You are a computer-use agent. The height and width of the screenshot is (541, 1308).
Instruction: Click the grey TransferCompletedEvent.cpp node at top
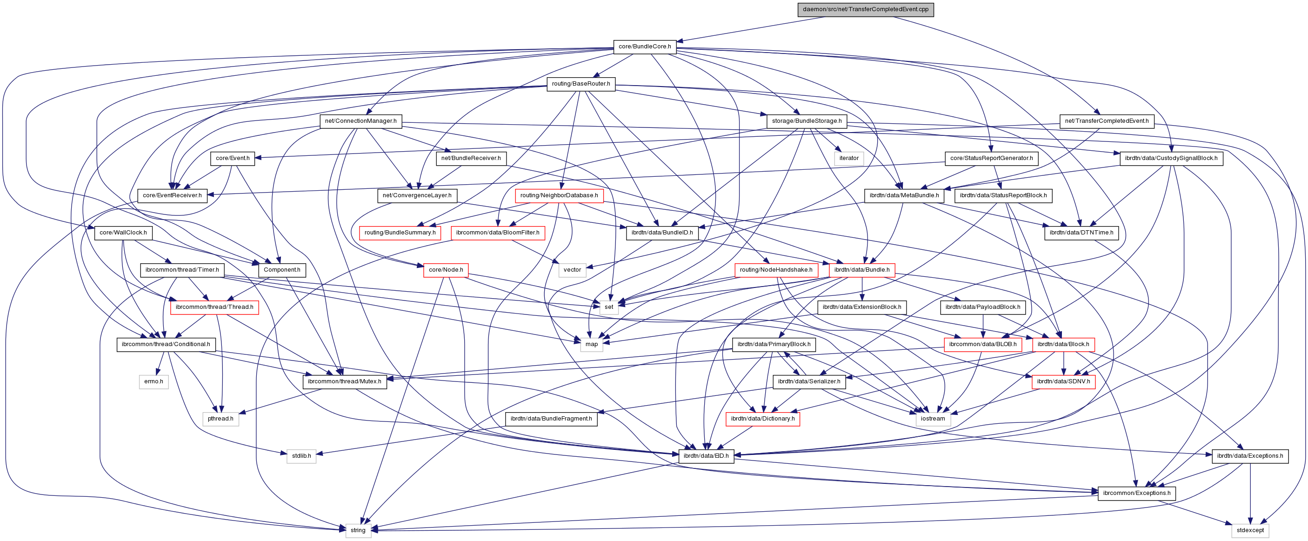(x=865, y=9)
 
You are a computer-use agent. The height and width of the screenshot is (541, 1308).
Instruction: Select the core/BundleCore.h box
(x=644, y=46)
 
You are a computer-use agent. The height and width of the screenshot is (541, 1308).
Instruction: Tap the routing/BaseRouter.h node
(x=581, y=84)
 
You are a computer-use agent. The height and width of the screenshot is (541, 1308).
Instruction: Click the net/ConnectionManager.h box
(x=360, y=121)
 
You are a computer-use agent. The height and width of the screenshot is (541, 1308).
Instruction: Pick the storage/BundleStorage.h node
(x=806, y=121)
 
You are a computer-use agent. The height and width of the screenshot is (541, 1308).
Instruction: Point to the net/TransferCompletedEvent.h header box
(x=1107, y=121)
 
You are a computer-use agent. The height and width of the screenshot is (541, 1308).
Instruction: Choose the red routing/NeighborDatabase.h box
(x=559, y=195)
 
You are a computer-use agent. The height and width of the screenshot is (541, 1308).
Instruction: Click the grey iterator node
(x=848, y=158)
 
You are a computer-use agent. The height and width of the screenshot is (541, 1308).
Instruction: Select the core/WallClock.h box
(x=123, y=233)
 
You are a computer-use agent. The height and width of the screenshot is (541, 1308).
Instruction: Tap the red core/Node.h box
(x=445, y=270)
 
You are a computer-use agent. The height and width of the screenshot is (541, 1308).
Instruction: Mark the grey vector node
(x=572, y=270)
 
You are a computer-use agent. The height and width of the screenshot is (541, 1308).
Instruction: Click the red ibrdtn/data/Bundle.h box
(x=861, y=270)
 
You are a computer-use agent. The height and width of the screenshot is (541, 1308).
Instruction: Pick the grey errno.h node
(x=153, y=381)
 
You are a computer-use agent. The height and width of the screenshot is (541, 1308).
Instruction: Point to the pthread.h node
(x=220, y=419)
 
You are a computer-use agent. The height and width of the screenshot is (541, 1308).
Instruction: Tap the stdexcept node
(x=1249, y=530)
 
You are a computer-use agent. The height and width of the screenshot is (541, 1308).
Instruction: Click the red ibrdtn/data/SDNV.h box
(x=1063, y=381)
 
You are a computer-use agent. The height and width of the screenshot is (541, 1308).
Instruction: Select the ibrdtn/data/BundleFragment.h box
(x=551, y=419)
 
